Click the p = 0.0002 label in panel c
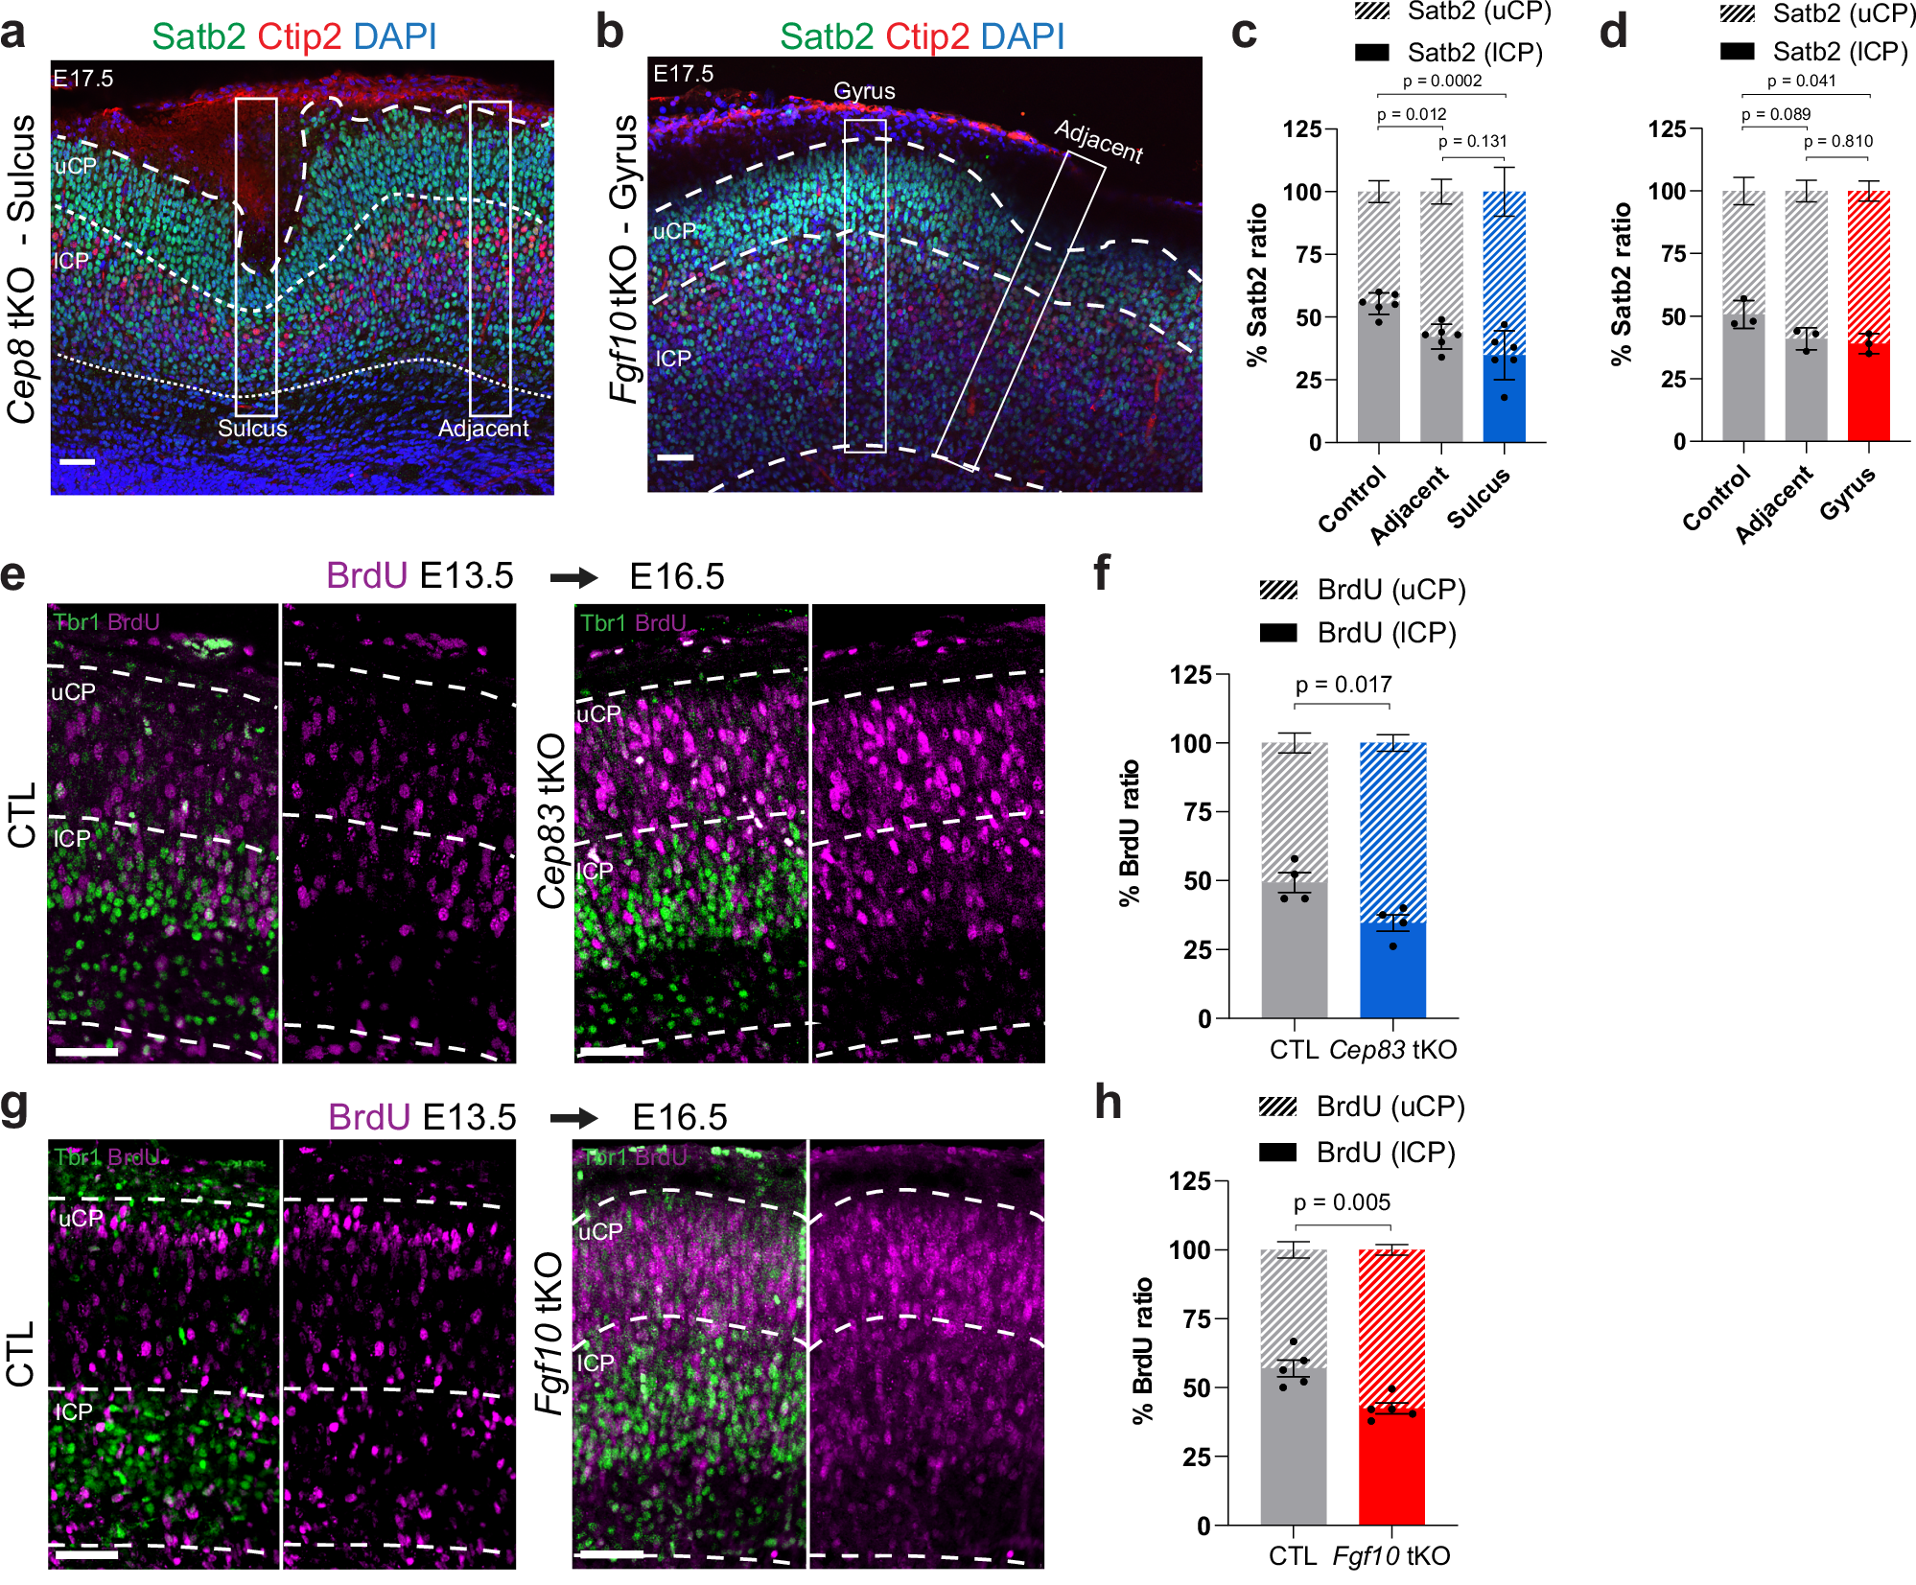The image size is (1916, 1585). click(1441, 82)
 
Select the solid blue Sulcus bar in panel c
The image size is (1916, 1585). click(1504, 398)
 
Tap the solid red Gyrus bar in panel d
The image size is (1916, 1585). click(1868, 393)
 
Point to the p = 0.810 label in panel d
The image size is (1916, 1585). click(1837, 142)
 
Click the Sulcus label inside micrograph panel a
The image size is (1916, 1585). click(252, 429)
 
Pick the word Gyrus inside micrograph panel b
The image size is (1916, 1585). click(864, 91)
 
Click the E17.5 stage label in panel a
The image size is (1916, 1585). click(83, 79)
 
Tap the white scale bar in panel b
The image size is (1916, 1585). click(675, 457)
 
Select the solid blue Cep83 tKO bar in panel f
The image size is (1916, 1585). click(1392, 968)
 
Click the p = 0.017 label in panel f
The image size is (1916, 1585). click(1343, 685)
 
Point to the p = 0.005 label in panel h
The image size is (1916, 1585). click(1342, 1202)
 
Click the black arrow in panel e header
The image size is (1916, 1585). click(573, 577)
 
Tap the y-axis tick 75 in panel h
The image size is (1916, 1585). click(1198, 1318)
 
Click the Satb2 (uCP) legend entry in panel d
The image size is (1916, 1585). click(1817, 13)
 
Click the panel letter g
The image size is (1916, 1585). click(14, 1106)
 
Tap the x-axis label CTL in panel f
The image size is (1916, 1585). click(1294, 1050)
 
